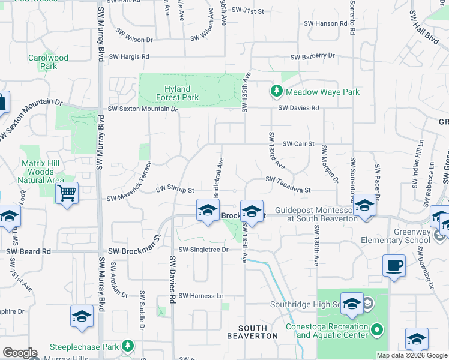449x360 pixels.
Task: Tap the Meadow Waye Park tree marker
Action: (276, 92)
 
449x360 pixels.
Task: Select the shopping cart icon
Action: (67, 194)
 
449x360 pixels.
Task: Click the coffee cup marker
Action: (394, 265)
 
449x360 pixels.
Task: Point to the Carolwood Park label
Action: (49, 62)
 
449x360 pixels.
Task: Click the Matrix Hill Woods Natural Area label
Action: (42, 172)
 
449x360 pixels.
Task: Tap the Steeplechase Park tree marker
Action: (127, 346)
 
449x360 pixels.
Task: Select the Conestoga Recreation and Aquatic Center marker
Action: (377, 329)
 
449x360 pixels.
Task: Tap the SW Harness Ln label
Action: (200, 295)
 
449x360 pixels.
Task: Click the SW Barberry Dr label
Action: (312, 56)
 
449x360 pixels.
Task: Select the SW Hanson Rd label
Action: (327, 24)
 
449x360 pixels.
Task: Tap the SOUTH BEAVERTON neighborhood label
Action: (258, 332)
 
